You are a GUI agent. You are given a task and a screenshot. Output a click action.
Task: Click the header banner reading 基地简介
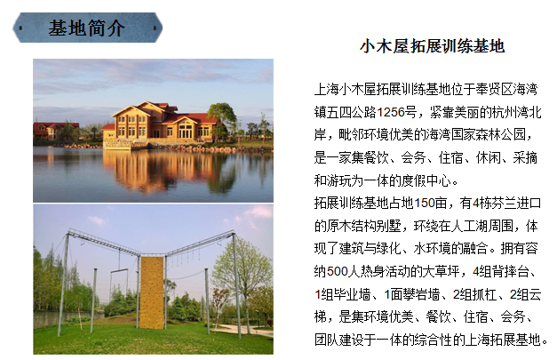86,28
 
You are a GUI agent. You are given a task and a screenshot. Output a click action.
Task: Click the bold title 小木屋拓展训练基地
432,46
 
